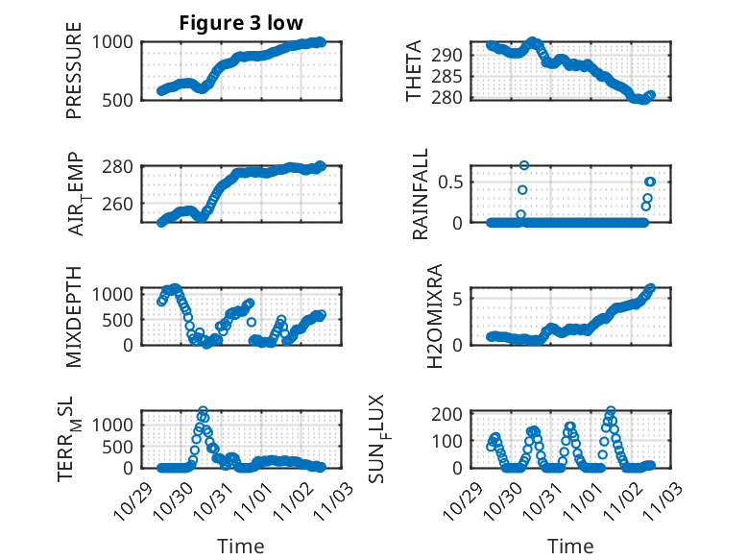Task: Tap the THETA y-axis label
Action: point(414,70)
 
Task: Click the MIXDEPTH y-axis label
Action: point(74,317)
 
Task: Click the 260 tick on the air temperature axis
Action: point(123,204)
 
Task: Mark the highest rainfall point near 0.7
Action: point(524,165)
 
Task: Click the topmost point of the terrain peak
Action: point(203,411)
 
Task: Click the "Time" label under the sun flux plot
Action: point(570,546)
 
